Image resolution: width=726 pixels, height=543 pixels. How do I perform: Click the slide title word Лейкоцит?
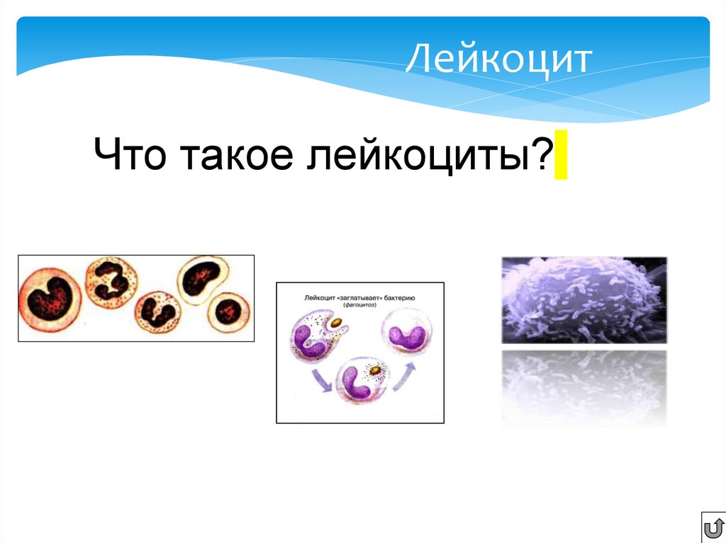coord(498,60)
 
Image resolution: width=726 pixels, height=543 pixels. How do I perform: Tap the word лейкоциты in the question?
coord(419,155)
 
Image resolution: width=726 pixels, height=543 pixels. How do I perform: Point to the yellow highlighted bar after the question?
coord(561,154)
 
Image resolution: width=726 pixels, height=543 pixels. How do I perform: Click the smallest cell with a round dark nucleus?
coord(228,309)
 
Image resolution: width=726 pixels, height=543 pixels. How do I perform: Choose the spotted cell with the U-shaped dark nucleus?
coord(158,311)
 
